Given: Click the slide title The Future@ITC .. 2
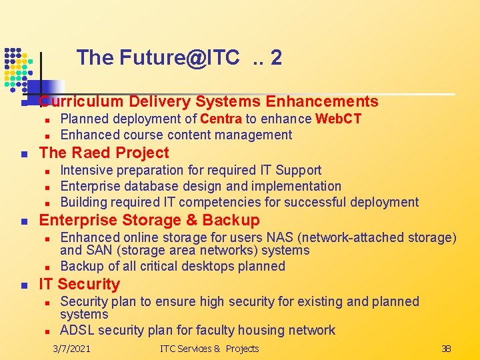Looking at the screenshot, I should (x=179, y=58).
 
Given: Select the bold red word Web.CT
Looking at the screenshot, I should (x=338, y=119).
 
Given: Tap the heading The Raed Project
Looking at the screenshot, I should (x=104, y=153).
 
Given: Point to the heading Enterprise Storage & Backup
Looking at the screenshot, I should (x=149, y=221).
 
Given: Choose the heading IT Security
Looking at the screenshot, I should (x=79, y=285).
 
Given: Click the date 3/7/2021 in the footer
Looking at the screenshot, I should (x=72, y=349).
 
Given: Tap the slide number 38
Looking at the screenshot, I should (x=446, y=349).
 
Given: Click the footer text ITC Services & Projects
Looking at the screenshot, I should (x=209, y=349).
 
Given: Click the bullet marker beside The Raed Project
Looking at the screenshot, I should (x=23, y=153).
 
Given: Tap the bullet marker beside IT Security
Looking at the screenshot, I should (x=23, y=285).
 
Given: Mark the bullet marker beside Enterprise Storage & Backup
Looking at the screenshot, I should (x=23, y=221).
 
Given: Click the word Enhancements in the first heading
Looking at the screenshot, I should (x=322, y=102).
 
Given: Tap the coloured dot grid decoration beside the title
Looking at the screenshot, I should (x=19, y=70).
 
